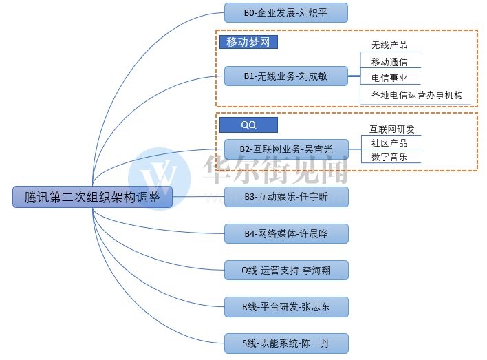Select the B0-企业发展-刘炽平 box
[x=286, y=12]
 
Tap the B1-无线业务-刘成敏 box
[x=286, y=76]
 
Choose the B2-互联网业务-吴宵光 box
[x=286, y=149]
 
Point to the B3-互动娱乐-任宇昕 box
[x=286, y=197]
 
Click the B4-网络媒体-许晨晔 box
[x=286, y=234]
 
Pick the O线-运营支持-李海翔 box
[x=286, y=271]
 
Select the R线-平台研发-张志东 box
[x=286, y=307]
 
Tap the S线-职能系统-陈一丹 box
[x=286, y=343]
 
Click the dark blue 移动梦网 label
[x=248, y=42]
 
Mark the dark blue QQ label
[x=248, y=125]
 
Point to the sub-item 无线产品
[x=389, y=45]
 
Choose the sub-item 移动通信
[x=389, y=62]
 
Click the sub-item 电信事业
[x=389, y=78]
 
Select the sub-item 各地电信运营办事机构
[x=417, y=96]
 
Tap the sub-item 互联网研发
[x=392, y=129]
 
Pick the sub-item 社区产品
[x=389, y=143]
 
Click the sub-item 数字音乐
[x=389, y=157]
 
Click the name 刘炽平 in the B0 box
[x=313, y=12]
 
